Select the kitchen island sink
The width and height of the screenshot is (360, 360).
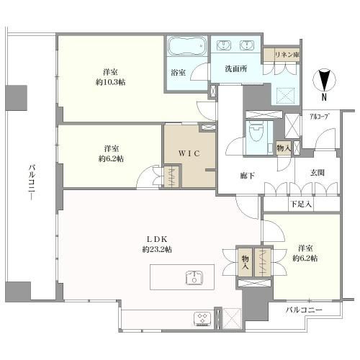(x=194, y=278)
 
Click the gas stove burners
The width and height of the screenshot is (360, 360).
(x=202, y=318)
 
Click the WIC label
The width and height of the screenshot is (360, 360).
(x=189, y=153)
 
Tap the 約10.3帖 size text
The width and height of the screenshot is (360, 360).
(x=110, y=82)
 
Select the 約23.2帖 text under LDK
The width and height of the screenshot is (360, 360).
(x=157, y=249)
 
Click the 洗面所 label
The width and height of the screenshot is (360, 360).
(x=236, y=69)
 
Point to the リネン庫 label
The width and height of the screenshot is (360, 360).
(x=287, y=55)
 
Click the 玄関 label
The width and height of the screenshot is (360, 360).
(x=318, y=173)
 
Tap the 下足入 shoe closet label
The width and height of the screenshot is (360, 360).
(x=301, y=204)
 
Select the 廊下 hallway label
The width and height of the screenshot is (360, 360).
(x=247, y=176)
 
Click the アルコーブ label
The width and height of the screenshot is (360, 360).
(x=319, y=117)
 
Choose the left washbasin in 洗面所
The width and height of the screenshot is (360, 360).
(x=224, y=45)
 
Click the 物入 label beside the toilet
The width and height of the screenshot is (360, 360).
(x=284, y=148)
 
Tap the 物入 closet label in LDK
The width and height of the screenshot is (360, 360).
(x=245, y=262)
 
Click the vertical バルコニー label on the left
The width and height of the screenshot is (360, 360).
(x=32, y=182)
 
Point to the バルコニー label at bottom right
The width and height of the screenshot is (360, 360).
(x=304, y=310)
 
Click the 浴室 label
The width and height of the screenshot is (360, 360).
(x=179, y=73)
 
